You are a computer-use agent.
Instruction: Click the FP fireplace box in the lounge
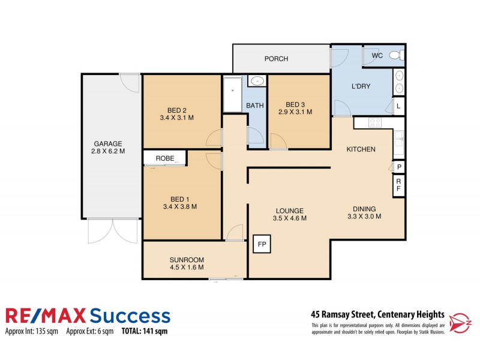coord(262,244)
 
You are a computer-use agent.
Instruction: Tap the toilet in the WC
coord(394,56)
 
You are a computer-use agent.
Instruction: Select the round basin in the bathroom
coord(257,81)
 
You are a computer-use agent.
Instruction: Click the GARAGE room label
coord(108,143)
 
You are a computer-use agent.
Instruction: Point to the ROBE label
coord(165,158)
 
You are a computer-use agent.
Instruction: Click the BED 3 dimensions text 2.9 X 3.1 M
coord(296,111)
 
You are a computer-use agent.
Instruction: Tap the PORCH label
coord(276,59)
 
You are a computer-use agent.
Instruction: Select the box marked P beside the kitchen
coord(398,167)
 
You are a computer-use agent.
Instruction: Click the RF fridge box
coord(398,185)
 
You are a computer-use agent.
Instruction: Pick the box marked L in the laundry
coord(398,107)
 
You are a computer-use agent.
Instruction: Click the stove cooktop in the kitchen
coord(374,122)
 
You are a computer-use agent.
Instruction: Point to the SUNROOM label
coord(187,260)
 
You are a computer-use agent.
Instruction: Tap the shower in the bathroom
coord(232,94)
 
